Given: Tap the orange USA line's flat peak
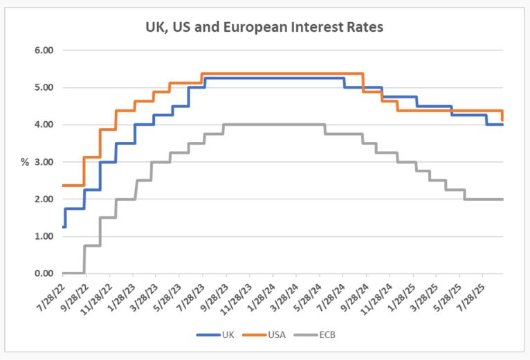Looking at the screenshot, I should point(284,73).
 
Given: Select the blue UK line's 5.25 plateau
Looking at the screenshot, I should point(277,78).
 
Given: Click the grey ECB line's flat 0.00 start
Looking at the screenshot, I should point(73,273).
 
